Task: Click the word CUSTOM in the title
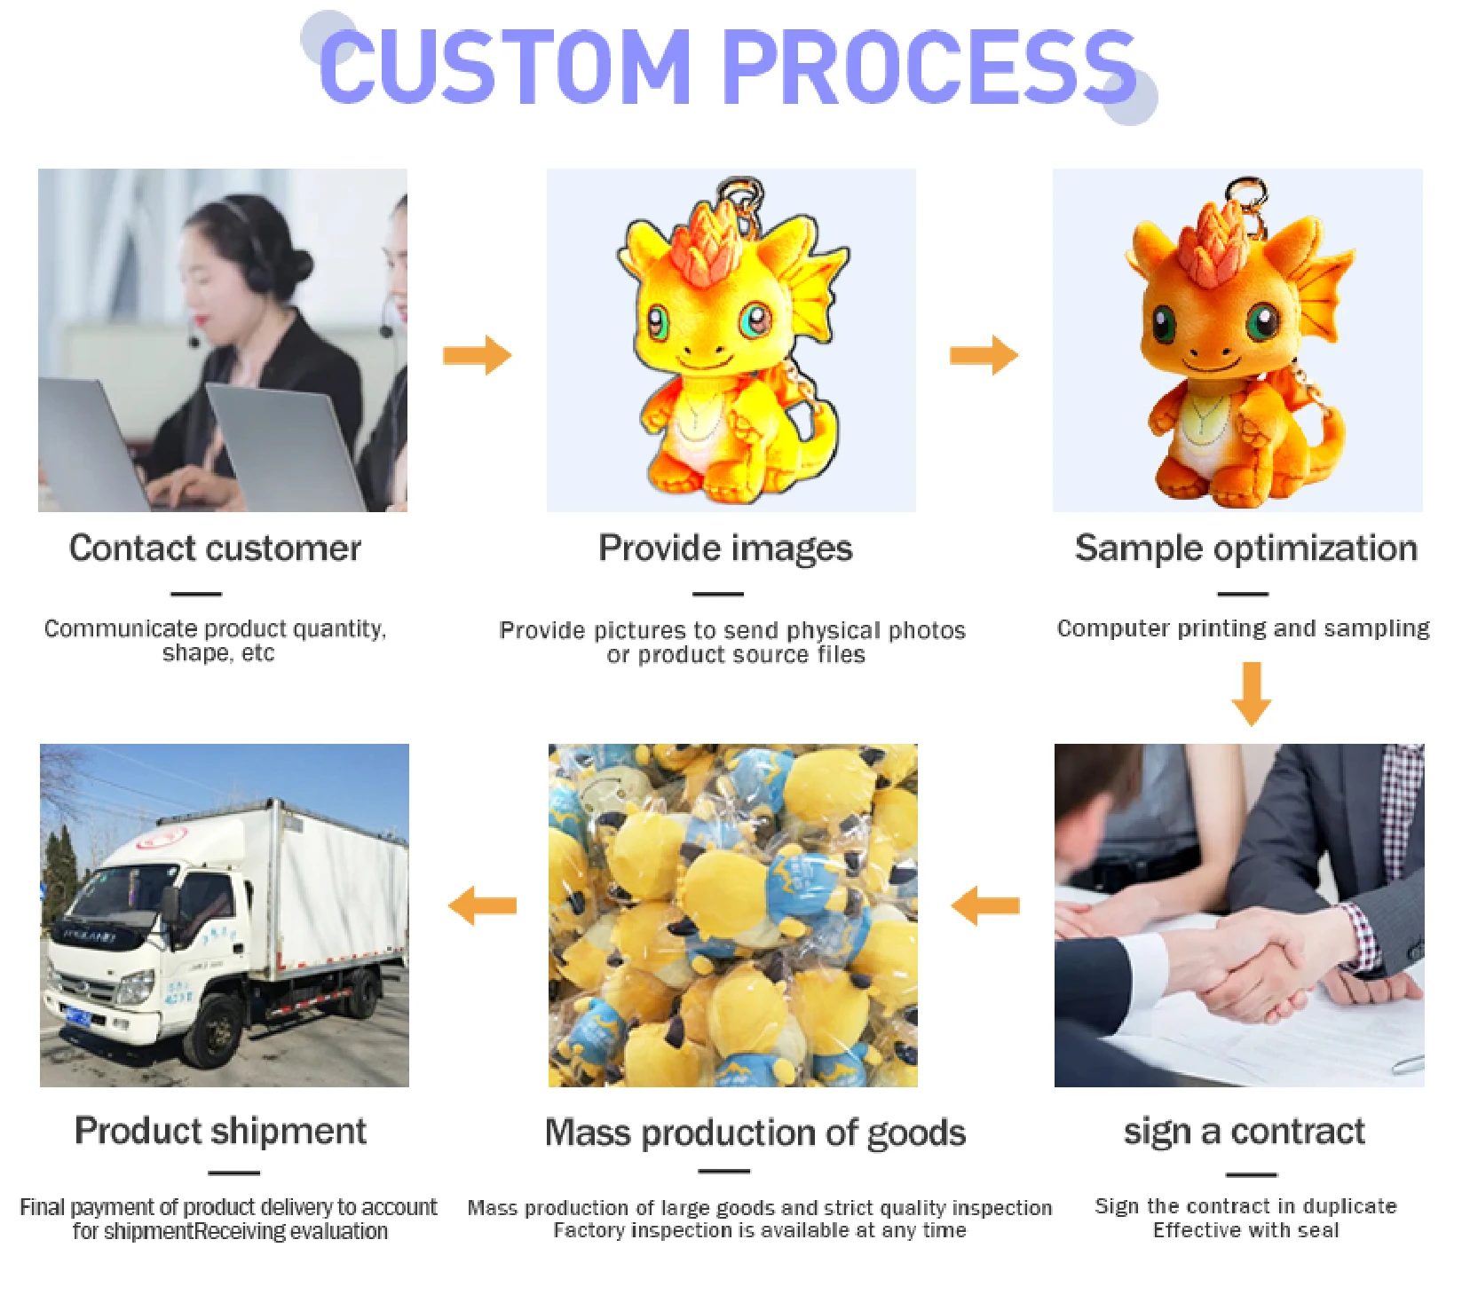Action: (504, 66)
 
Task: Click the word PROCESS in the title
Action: (929, 66)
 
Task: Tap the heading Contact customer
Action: (215, 548)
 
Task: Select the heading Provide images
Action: (725, 549)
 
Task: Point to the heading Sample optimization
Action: (1246, 549)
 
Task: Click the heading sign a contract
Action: (1245, 1133)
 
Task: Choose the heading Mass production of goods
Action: (755, 1133)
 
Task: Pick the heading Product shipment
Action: (220, 1131)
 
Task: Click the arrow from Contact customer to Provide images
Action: (478, 355)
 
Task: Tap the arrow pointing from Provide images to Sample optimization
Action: (984, 355)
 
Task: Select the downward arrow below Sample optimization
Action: (1252, 694)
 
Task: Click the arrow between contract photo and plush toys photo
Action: (985, 906)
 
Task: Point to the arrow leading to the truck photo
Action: (482, 906)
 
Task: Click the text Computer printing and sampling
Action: (1243, 628)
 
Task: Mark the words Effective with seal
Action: (1245, 1230)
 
